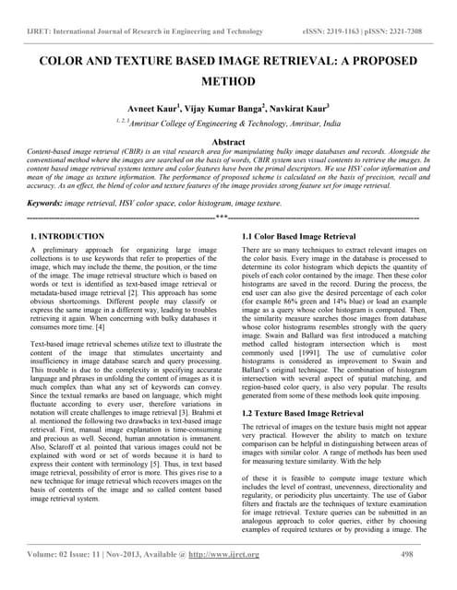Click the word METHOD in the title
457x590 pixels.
point(228,81)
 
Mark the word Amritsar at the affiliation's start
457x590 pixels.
point(175,123)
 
